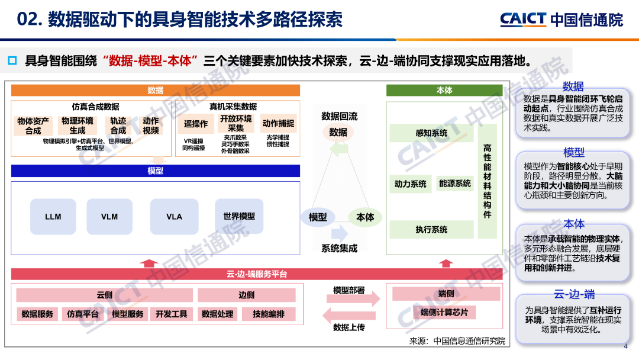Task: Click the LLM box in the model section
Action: point(53,217)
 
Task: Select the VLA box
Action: point(174,217)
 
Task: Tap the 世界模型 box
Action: point(239,217)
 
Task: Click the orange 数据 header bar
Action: point(155,91)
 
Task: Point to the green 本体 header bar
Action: point(444,91)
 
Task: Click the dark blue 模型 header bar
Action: point(155,171)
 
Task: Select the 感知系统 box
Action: point(431,133)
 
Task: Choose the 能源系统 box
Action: point(455,184)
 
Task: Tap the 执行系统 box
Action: point(431,229)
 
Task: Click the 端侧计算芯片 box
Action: point(444,312)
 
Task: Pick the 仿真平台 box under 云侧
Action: point(82,314)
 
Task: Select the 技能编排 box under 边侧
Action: point(268,314)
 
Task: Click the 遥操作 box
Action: point(196,124)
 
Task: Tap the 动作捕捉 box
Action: point(278,124)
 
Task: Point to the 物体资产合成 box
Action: point(33,126)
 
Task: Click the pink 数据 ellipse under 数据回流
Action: point(338,132)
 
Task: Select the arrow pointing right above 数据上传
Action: point(353,300)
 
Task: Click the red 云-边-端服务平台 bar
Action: point(256,274)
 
